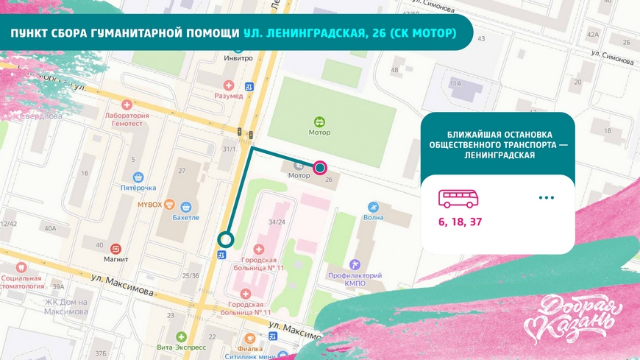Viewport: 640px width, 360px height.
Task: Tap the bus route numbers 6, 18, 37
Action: click(x=461, y=222)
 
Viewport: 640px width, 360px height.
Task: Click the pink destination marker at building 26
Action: click(x=320, y=168)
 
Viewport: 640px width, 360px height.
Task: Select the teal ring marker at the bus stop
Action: click(x=226, y=239)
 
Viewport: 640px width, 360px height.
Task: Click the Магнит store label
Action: click(x=115, y=258)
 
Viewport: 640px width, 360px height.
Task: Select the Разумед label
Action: click(x=229, y=96)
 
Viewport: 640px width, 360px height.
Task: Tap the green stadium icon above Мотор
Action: click(x=319, y=121)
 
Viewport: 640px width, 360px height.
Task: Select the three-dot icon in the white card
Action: click(x=546, y=197)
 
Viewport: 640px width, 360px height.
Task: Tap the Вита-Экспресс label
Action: click(x=181, y=346)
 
